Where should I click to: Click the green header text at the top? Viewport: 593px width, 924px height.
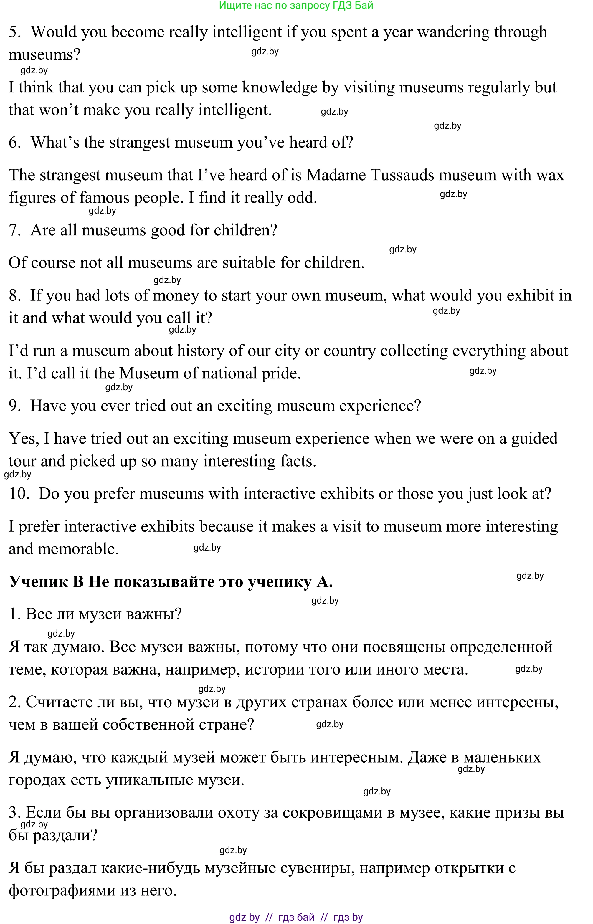click(x=296, y=5)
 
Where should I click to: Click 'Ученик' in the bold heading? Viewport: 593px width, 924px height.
click(x=38, y=582)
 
